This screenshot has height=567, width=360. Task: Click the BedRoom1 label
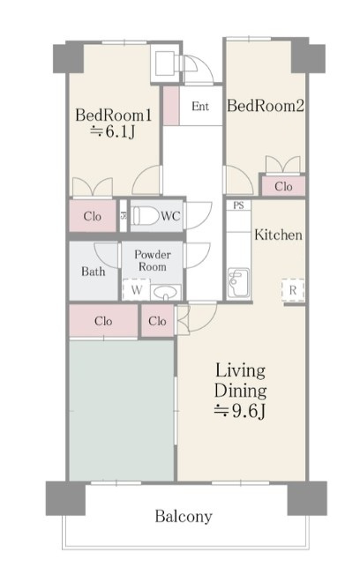click(113, 116)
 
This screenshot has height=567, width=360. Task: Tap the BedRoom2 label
click(266, 106)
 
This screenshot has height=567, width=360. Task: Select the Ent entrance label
click(200, 107)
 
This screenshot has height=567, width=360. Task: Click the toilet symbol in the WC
click(145, 216)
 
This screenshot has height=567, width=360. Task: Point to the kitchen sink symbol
click(238, 282)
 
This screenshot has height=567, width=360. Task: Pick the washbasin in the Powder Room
click(166, 292)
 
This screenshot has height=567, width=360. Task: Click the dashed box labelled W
click(137, 289)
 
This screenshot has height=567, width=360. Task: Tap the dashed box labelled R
click(293, 290)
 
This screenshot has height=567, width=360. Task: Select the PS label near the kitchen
click(238, 205)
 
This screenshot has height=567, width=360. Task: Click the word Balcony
click(184, 516)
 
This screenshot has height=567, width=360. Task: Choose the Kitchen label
click(278, 235)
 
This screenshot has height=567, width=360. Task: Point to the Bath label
click(94, 272)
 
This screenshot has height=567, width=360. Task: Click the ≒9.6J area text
click(241, 411)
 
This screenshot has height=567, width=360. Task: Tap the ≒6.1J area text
click(113, 131)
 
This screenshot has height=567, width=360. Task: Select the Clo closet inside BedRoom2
click(283, 186)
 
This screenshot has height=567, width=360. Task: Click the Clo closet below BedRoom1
click(93, 216)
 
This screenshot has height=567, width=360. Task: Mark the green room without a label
click(122, 410)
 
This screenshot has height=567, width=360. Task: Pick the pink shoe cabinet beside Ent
click(171, 106)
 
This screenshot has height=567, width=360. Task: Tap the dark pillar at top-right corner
click(308, 57)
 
